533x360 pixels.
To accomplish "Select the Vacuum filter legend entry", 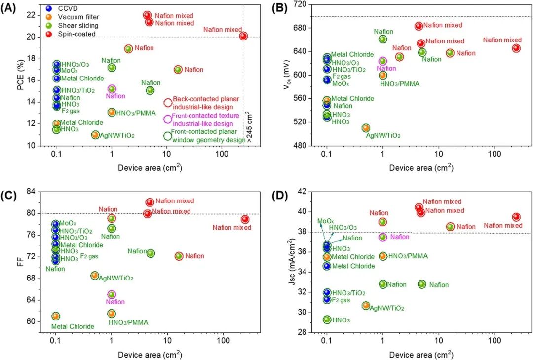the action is coord(74,17).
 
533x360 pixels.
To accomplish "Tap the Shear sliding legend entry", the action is coord(73,26).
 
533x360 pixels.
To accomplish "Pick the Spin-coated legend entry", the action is coord(72,34).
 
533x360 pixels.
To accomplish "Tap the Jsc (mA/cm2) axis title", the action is coord(291,262).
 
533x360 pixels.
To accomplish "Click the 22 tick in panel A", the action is coord(31,15).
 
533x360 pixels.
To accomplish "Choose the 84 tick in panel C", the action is coord(31,192).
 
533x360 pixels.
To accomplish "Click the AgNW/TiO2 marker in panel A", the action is coord(95,135).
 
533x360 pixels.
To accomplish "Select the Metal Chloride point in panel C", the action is coord(56,316).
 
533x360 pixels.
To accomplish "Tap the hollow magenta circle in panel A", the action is coord(168,119).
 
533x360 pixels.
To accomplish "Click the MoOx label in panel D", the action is coord(326,222).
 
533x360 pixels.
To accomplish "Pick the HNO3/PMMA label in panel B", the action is coord(400,84).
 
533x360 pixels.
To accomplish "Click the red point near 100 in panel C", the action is coord(245,219).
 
